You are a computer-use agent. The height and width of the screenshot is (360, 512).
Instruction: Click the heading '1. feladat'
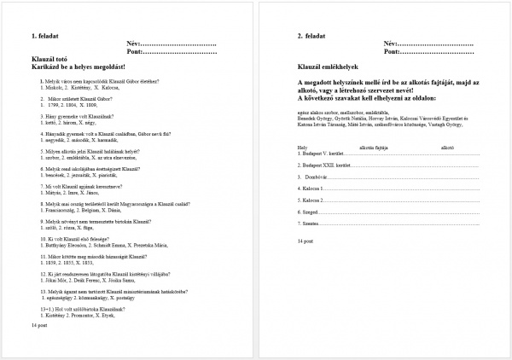coord(45,36)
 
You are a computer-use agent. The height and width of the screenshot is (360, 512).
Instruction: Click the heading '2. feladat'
coord(312,36)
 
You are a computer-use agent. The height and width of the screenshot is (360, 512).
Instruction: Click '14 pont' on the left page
coord(39,326)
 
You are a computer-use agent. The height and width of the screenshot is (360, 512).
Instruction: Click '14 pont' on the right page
coord(305,242)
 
